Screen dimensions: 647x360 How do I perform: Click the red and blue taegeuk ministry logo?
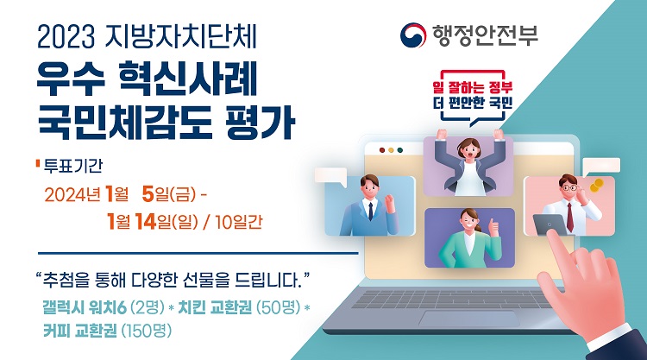point(412,35)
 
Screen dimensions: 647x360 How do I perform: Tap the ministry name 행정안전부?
point(485,35)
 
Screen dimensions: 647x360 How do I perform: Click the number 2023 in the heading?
point(66,38)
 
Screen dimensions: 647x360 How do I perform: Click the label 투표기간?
point(73,166)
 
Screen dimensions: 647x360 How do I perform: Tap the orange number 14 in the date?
point(145,222)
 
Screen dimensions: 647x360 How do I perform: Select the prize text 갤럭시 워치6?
point(84,307)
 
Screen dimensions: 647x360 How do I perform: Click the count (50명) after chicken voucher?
point(279,307)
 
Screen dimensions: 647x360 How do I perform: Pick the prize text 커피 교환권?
point(80,331)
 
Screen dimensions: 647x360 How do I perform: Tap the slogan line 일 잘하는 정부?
point(473,87)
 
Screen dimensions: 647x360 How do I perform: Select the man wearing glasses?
point(569,204)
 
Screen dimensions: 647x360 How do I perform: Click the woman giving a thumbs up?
point(469,238)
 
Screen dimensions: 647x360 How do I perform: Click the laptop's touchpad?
point(469,319)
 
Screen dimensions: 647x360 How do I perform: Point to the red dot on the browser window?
point(382,150)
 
